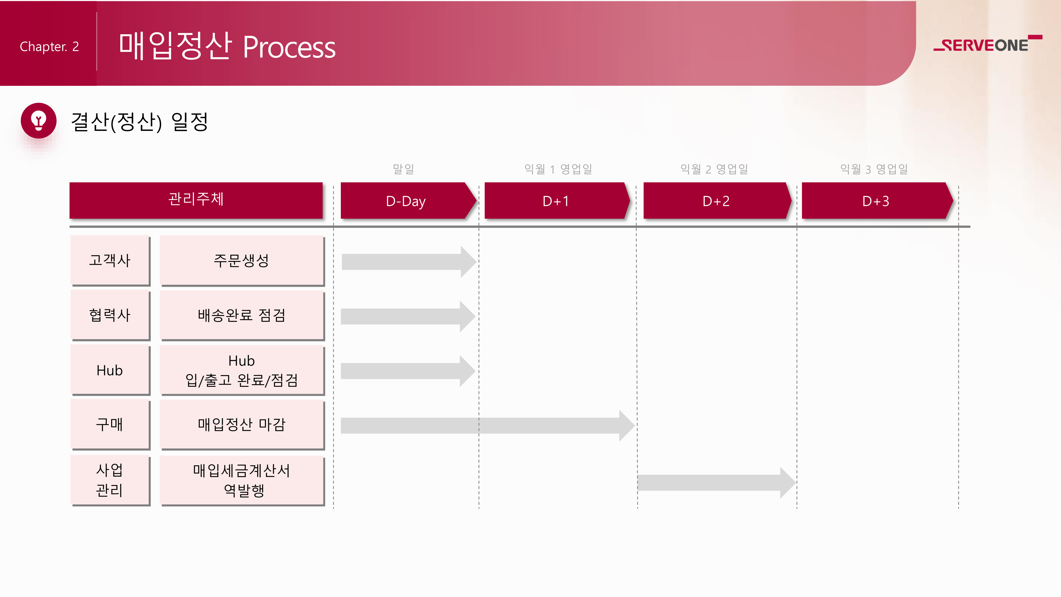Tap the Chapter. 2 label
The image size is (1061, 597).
[49, 46]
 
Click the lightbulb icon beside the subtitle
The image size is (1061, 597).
[39, 121]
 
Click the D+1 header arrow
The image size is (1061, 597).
[556, 201]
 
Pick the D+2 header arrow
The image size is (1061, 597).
[716, 201]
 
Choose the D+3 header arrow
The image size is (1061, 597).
[876, 201]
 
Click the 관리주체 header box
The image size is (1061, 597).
[196, 200]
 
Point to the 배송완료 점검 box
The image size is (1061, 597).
[242, 315]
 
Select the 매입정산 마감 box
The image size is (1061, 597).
[242, 424]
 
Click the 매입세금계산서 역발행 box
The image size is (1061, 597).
[242, 480]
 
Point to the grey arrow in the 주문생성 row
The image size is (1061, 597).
[408, 262]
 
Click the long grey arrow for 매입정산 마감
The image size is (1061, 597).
[486, 425]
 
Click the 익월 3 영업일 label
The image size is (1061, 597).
[874, 169]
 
